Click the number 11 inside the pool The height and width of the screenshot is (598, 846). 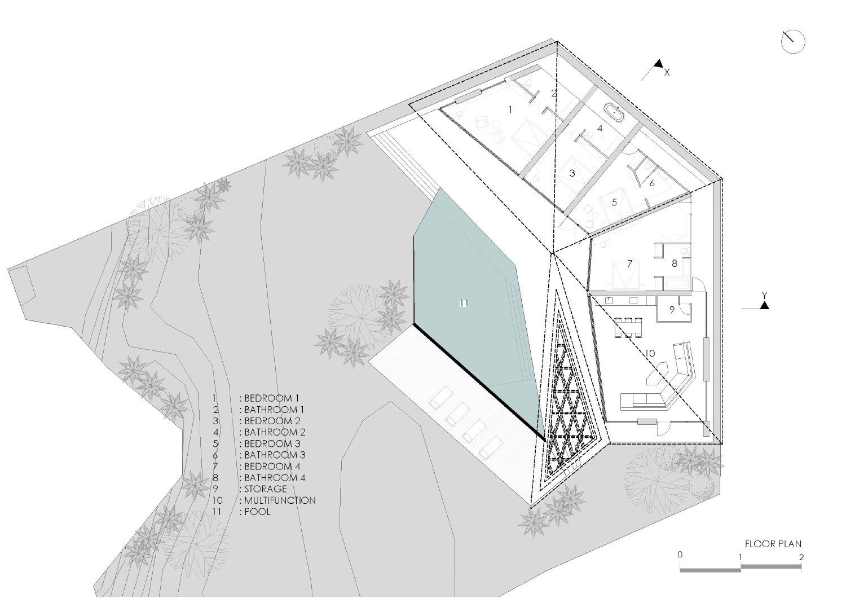(x=464, y=304)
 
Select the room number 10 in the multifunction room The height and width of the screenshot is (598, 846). (x=650, y=353)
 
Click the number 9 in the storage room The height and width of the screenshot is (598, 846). (x=672, y=310)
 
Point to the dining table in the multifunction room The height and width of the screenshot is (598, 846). (x=628, y=327)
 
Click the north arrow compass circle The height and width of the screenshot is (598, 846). (x=793, y=42)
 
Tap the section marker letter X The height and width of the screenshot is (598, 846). (x=667, y=73)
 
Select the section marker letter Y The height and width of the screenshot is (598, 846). (x=764, y=295)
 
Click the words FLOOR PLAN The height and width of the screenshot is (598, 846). (x=773, y=544)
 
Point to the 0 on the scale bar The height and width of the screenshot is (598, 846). (x=680, y=555)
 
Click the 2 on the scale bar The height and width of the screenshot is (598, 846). (x=801, y=557)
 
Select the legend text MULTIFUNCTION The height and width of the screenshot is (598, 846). (x=280, y=500)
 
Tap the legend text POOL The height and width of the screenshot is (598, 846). (x=258, y=512)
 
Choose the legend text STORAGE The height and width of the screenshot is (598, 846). (x=266, y=489)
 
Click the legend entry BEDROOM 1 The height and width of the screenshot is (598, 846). (x=272, y=398)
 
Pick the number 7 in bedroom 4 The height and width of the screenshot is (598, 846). (x=629, y=263)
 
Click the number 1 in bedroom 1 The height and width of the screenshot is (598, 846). (x=510, y=109)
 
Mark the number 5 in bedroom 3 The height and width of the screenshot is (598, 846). (x=614, y=203)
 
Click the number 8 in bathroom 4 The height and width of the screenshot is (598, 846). (x=675, y=263)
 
